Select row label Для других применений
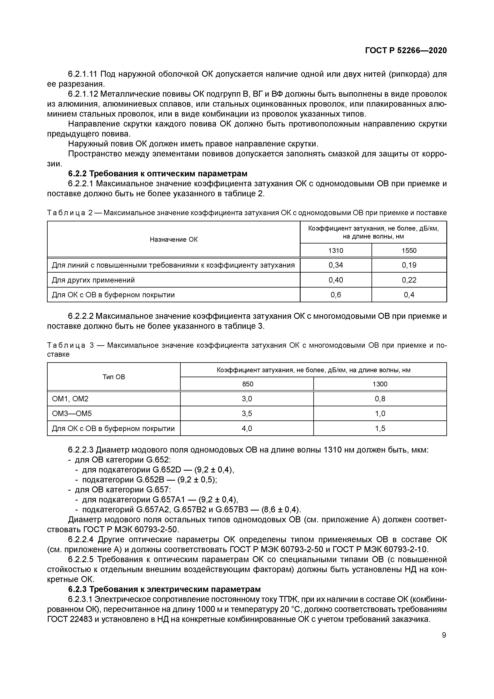(93, 280)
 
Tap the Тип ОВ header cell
(114, 377)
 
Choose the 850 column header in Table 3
(247, 384)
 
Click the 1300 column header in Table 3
(380, 384)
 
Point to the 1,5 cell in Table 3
(380, 428)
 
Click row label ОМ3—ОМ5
(72, 413)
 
